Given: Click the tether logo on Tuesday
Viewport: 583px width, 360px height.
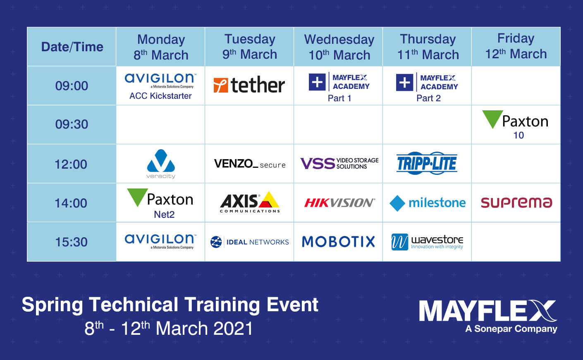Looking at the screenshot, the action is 249,85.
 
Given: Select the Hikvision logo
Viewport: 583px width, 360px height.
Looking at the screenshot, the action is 339,203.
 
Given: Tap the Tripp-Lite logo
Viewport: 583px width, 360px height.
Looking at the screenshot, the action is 427,163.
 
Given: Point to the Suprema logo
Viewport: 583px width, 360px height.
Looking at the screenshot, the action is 516,203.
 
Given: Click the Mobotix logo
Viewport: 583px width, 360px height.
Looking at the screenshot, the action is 338,242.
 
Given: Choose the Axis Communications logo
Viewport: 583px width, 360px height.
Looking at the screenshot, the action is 250,202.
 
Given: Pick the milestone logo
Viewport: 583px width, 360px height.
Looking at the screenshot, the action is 428,203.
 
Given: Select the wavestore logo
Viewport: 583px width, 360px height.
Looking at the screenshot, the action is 428,242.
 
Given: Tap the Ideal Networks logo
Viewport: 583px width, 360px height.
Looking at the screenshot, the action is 250,242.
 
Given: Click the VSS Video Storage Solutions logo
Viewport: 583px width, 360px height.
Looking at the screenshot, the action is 339,163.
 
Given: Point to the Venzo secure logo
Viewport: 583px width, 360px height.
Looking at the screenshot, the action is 250,164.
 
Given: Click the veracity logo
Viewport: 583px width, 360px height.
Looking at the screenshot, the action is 161,164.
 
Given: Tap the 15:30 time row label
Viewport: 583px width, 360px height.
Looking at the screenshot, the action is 71,242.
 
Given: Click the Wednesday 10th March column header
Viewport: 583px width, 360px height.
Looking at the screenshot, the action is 339,47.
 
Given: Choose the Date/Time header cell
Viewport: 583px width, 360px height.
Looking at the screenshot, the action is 72,47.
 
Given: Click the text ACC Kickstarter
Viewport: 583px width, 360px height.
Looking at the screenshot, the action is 160,96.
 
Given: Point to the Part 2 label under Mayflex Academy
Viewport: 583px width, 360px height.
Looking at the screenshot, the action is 428,98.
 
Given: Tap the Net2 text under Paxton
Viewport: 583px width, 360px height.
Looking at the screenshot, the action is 164,215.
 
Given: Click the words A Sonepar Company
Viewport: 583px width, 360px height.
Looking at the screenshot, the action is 511,329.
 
